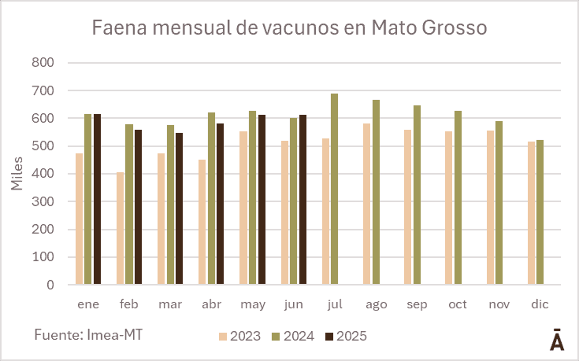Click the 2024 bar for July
point(334,189)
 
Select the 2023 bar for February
point(120,228)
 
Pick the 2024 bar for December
point(540,212)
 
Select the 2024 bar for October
point(458,197)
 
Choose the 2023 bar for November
point(490,208)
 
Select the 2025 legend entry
point(347,337)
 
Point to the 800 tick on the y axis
point(43,63)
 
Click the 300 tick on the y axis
point(43,202)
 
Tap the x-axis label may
point(253,304)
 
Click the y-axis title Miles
point(17,174)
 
